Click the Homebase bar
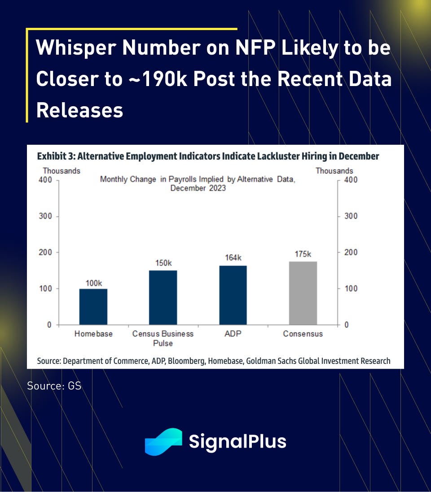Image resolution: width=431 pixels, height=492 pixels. (93, 306)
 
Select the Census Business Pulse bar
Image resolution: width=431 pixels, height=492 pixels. (163, 298)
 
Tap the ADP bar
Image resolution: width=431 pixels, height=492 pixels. (233, 295)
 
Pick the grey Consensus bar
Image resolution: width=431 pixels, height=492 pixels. (303, 293)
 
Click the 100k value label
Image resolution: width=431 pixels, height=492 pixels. (93, 283)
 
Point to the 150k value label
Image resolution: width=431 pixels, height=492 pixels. (163, 263)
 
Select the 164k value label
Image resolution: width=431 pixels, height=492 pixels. (233, 258)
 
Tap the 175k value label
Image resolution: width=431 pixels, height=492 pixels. (303, 254)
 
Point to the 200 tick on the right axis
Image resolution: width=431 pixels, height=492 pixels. (351, 252)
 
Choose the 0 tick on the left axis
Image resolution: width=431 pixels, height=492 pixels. (49, 325)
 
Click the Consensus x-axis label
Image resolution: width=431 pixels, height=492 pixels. (303, 334)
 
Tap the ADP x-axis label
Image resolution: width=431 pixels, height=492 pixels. (233, 334)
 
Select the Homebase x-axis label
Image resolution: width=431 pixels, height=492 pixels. (93, 334)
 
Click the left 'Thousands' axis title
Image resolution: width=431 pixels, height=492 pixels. (62, 171)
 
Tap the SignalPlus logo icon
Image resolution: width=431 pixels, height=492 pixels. (163, 441)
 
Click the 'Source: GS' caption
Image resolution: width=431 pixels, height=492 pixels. (54, 385)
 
